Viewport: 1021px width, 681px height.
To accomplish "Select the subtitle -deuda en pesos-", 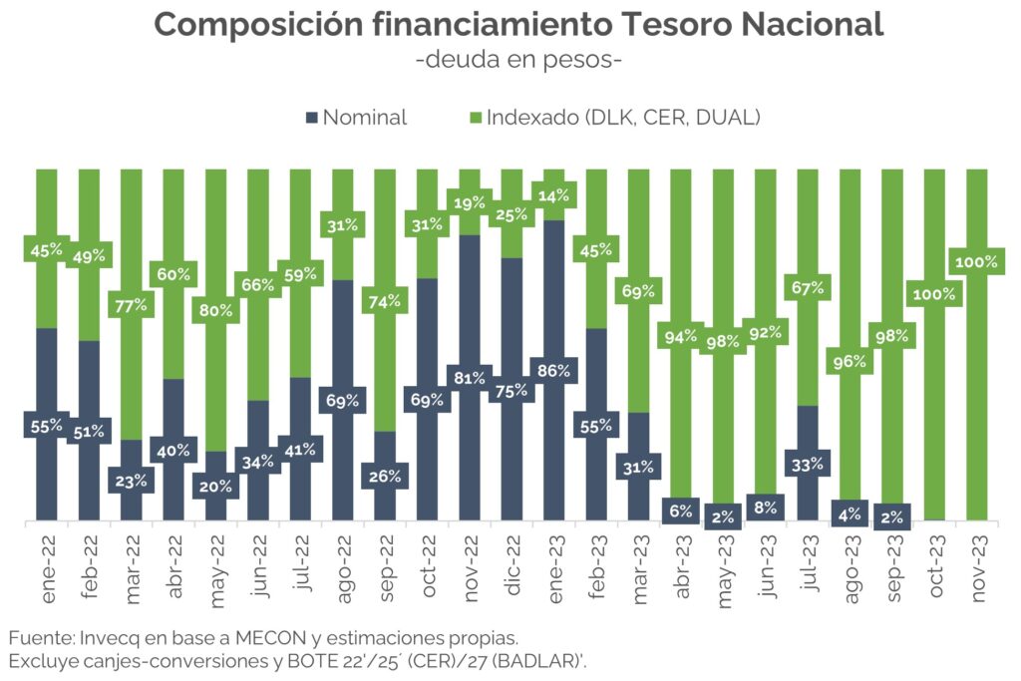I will point(518,59).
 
